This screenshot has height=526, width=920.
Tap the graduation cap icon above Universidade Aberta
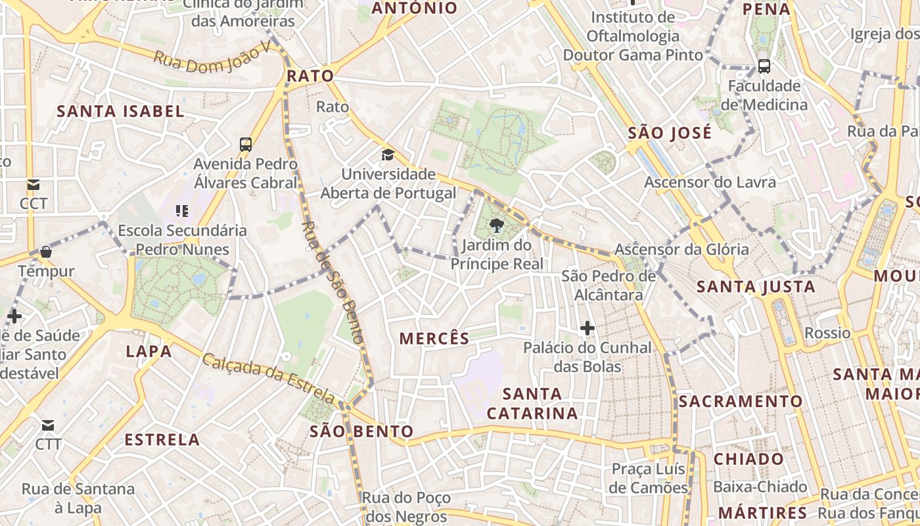pos(388,155)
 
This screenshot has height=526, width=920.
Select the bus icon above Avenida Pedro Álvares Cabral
pos(246,145)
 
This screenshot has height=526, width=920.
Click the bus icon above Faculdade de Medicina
pos(764,66)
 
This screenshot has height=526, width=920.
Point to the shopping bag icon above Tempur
pos(46,251)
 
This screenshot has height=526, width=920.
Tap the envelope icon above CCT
pos(33,185)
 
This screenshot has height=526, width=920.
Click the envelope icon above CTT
pos(48,425)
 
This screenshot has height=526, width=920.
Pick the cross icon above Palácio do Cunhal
pos(587,327)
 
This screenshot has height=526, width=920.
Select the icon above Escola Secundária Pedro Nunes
pos(181,211)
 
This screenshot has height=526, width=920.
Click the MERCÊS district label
pos(434,339)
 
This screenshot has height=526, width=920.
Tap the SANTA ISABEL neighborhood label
pos(120,111)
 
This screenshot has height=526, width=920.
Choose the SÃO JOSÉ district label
pos(670,133)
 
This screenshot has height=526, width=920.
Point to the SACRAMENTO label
pos(741,401)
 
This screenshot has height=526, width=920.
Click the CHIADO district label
pos(748,459)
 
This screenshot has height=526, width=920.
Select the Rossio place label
pos(827,333)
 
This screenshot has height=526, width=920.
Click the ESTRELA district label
pos(162,440)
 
